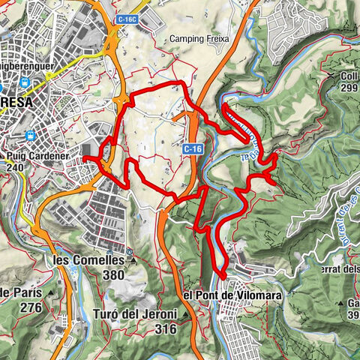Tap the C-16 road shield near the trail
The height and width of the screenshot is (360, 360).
192,150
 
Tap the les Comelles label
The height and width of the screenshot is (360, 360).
88,260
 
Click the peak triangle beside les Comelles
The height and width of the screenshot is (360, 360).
134,261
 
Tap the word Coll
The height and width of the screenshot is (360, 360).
349,75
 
